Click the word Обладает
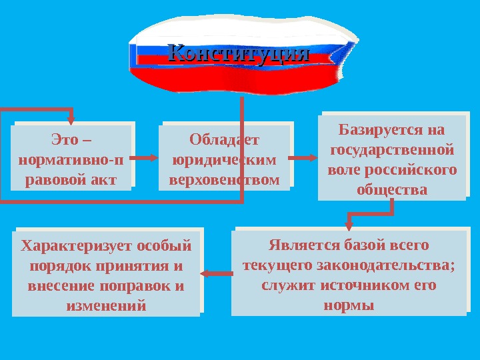[225, 141]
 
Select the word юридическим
[225, 160]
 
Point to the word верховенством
[225, 179]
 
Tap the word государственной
[393, 149]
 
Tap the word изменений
[107, 306]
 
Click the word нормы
[348, 305]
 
